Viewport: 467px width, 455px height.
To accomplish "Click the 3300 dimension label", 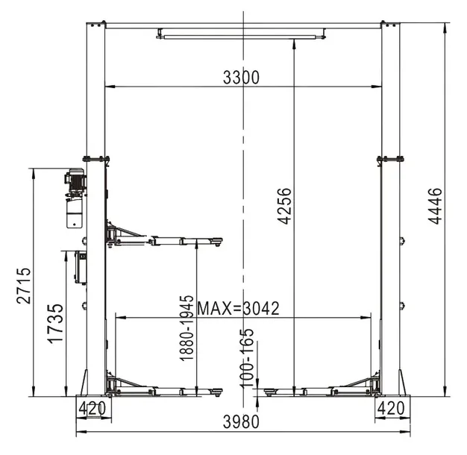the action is tap(241, 78).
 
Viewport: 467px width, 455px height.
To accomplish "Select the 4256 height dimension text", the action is tap(284, 206).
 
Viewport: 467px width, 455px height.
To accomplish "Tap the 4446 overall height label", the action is tap(435, 206).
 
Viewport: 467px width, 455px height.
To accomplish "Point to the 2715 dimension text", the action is tap(24, 286).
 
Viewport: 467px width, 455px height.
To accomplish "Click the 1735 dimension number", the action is tap(56, 324).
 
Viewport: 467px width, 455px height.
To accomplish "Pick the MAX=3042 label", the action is tap(239, 308).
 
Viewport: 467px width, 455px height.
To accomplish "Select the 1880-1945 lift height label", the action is tap(187, 328).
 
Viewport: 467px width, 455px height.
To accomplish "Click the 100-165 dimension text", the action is tap(246, 358).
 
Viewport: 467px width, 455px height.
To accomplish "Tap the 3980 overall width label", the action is tap(241, 421).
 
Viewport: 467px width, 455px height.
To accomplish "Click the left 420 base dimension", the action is tap(92, 408).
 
